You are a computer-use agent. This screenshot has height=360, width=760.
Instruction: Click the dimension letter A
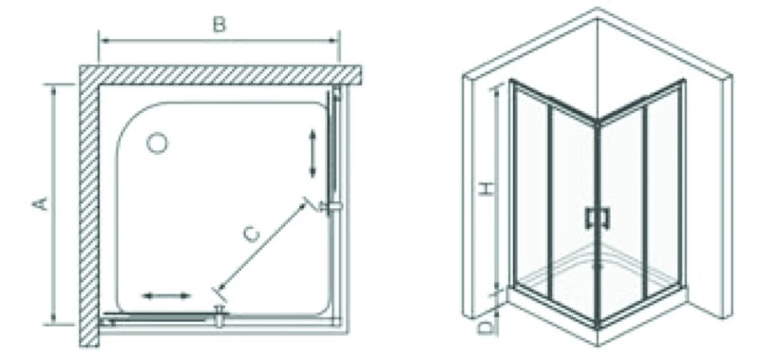click(x=39, y=204)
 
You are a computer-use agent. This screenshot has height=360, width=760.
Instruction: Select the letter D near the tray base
click(x=485, y=328)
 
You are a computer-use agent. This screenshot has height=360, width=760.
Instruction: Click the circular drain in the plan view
click(x=157, y=143)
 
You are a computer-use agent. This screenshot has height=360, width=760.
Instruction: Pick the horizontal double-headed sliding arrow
click(x=167, y=297)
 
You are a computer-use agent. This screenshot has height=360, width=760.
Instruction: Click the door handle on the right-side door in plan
click(x=332, y=205)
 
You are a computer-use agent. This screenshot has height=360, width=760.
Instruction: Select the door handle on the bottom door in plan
click(x=218, y=316)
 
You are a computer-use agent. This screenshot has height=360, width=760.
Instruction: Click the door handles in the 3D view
click(x=597, y=218)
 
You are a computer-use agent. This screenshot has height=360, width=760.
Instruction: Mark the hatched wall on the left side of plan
click(x=89, y=204)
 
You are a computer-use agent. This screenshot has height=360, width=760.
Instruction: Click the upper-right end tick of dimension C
click(x=307, y=202)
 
